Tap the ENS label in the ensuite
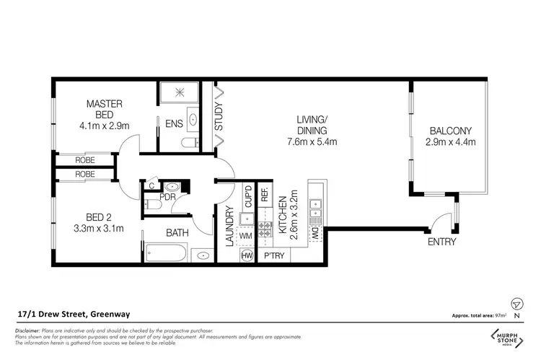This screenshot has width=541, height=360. [x=174, y=124]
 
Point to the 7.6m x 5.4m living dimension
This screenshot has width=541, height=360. [x=312, y=142]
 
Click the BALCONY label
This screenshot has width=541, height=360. [x=450, y=131]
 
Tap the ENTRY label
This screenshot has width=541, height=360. [x=441, y=242]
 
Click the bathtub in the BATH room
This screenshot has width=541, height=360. [x=167, y=254]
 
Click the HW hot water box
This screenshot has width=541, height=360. [x=246, y=255]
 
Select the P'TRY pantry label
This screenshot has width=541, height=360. [x=275, y=255]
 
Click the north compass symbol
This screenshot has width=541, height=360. [x=515, y=304]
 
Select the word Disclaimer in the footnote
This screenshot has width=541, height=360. [x=27, y=329]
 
